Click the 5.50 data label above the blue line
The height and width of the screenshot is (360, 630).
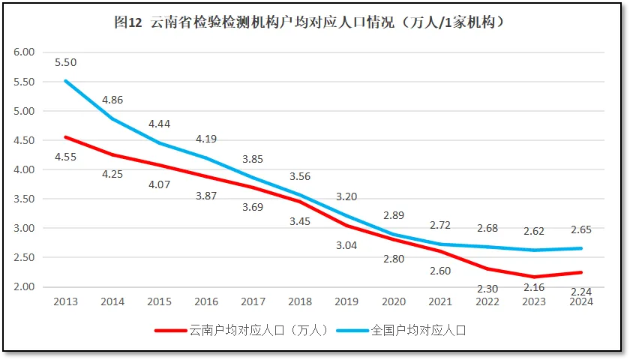click(65, 63)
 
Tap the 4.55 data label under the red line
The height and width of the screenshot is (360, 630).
click(65, 157)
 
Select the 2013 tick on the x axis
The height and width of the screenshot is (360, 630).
click(65, 301)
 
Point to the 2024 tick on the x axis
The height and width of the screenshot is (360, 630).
click(581, 301)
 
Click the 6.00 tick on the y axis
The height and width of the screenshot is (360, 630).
click(24, 52)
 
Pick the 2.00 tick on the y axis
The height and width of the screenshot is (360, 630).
click(24, 286)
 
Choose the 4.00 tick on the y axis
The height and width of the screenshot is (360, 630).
click(24, 169)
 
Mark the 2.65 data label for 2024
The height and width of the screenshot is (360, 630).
click(581, 230)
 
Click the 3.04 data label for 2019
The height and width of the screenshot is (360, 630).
click(346, 245)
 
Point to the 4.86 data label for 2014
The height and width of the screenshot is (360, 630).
click(112, 100)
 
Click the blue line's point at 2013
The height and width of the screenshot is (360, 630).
click(65, 81)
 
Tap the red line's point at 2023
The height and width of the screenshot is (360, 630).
click(534, 277)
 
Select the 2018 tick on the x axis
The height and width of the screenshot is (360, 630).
click(300, 301)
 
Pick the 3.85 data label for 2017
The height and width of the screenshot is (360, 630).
click(253, 159)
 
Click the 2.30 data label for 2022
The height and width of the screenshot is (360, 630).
click(487, 288)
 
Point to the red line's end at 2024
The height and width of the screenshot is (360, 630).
click(581, 272)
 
